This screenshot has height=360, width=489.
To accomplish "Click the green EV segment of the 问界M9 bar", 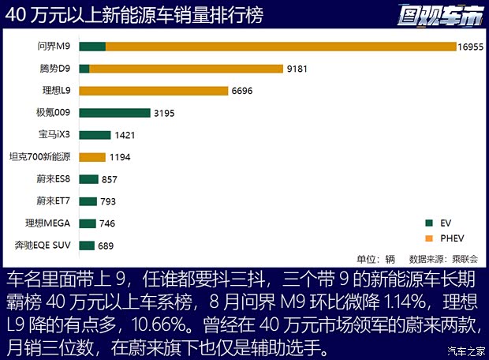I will [92, 47].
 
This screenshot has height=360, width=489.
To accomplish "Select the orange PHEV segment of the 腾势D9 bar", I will [186, 69].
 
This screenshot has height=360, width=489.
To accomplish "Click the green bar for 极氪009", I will [114, 113].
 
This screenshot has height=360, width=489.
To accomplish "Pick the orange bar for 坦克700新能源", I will [92, 157].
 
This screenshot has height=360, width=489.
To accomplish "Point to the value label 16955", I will [471, 47].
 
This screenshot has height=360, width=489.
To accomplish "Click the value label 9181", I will [297, 69].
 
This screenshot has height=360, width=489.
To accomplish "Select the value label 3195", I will [164, 113].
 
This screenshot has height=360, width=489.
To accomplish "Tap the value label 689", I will [106, 246].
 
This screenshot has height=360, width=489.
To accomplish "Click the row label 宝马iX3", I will [54, 134].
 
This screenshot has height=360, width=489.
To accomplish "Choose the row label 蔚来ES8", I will [52, 178].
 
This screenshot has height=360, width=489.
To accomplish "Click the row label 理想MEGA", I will [48, 223].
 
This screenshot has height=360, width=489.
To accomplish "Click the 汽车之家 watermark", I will [465, 351].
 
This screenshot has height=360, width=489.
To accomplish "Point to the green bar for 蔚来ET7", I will [88, 201].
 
